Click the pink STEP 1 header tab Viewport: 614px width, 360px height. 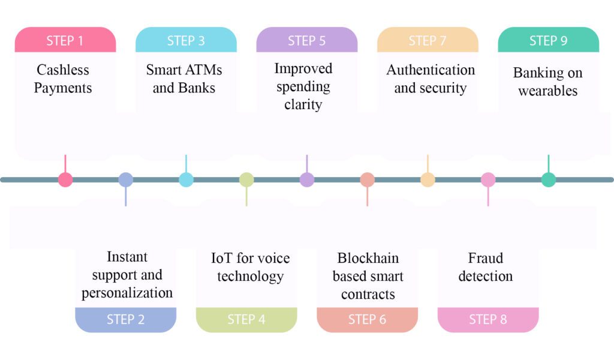click(65, 40)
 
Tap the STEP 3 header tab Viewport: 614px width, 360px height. click(186, 40)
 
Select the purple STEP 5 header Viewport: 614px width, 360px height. click(307, 40)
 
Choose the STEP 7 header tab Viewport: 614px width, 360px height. click(428, 40)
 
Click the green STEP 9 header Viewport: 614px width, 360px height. click(549, 40)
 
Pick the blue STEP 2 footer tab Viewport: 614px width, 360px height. click(126, 320)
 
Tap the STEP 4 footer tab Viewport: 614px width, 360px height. click(246, 320)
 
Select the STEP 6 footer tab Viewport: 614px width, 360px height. click(368, 320)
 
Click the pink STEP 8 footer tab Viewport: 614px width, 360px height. click(488, 320)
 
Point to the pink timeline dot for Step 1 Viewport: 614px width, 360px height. click(65, 180)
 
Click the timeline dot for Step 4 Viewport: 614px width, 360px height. click(246, 180)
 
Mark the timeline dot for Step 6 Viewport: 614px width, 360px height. click(368, 180)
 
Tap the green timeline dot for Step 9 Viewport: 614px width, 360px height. click(549, 180)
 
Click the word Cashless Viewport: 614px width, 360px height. click(62, 70)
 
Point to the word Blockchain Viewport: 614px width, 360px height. click(368, 258)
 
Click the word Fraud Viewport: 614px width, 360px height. click(486, 258)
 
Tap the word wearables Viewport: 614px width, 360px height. click(548, 91)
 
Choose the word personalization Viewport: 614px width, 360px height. click(127, 293)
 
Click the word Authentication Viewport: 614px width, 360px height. click(431, 70)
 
